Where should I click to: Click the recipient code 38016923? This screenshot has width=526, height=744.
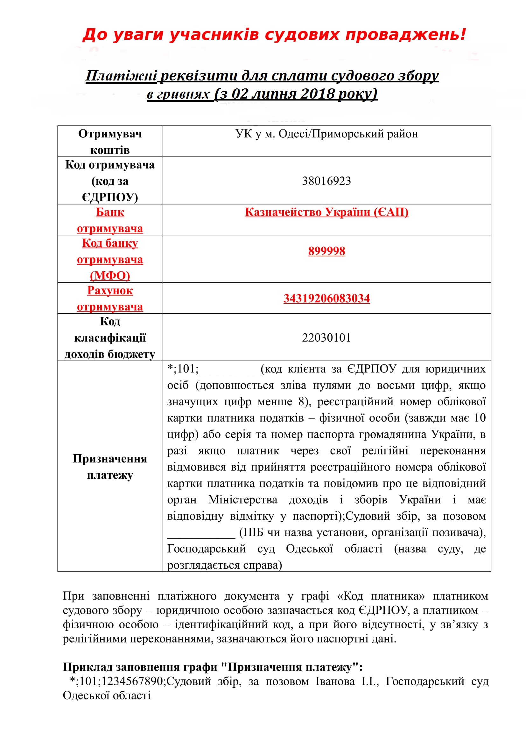pyautogui.click(x=326, y=181)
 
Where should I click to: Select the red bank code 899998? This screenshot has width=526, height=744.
pyautogui.click(x=326, y=251)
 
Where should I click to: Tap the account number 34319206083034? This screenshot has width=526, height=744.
pyautogui.click(x=326, y=298)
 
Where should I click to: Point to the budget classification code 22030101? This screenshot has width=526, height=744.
pyautogui.click(x=326, y=338)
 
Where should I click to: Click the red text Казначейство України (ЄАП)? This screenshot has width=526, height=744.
pyautogui.click(x=326, y=212)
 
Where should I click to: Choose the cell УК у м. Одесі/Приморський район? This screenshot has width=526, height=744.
pyautogui.click(x=326, y=134)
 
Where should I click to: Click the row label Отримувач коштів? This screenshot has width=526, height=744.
pyautogui.click(x=110, y=142)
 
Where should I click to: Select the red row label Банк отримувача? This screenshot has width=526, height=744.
pyautogui.click(x=110, y=220)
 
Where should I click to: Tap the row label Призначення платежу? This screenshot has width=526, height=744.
pyautogui.click(x=110, y=467)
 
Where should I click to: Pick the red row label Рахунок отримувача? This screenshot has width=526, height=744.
pyautogui.click(x=110, y=298)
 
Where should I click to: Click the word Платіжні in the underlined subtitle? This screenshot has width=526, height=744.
pyautogui.click(x=121, y=75)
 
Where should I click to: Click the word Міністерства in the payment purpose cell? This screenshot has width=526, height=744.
pyautogui.click(x=243, y=500)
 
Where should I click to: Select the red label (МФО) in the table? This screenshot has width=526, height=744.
pyautogui.click(x=110, y=275)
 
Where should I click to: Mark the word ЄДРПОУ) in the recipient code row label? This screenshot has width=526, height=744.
pyautogui.click(x=110, y=197)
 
